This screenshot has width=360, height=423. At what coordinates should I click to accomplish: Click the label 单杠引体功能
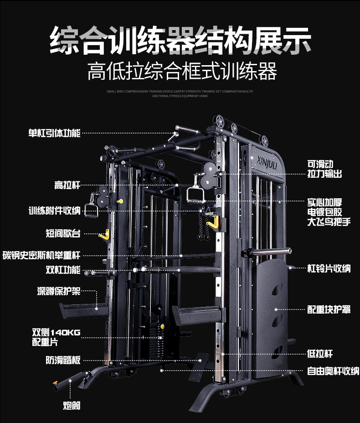[x=54, y=133]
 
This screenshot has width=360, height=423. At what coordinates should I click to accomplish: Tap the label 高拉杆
[x=67, y=185]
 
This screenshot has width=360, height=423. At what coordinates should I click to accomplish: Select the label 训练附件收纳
[x=54, y=211]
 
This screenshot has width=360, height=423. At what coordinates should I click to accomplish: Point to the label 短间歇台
[x=63, y=233]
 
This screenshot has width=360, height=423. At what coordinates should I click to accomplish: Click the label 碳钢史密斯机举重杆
[x=41, y=256]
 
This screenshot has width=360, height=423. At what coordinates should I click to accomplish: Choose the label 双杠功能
[x=63, y=269]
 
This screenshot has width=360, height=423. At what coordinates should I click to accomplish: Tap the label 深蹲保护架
[x=59, y=291]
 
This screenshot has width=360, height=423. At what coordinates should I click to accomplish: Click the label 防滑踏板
[x=63, y=360]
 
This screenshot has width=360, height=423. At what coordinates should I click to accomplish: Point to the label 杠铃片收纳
[x=329, y=269]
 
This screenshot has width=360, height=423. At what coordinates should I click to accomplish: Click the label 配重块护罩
[x=329, y=310]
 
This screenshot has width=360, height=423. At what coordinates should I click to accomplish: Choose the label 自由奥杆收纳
[x=333, y=371]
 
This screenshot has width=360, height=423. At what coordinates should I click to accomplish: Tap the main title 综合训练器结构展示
[x=180, y=41]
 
